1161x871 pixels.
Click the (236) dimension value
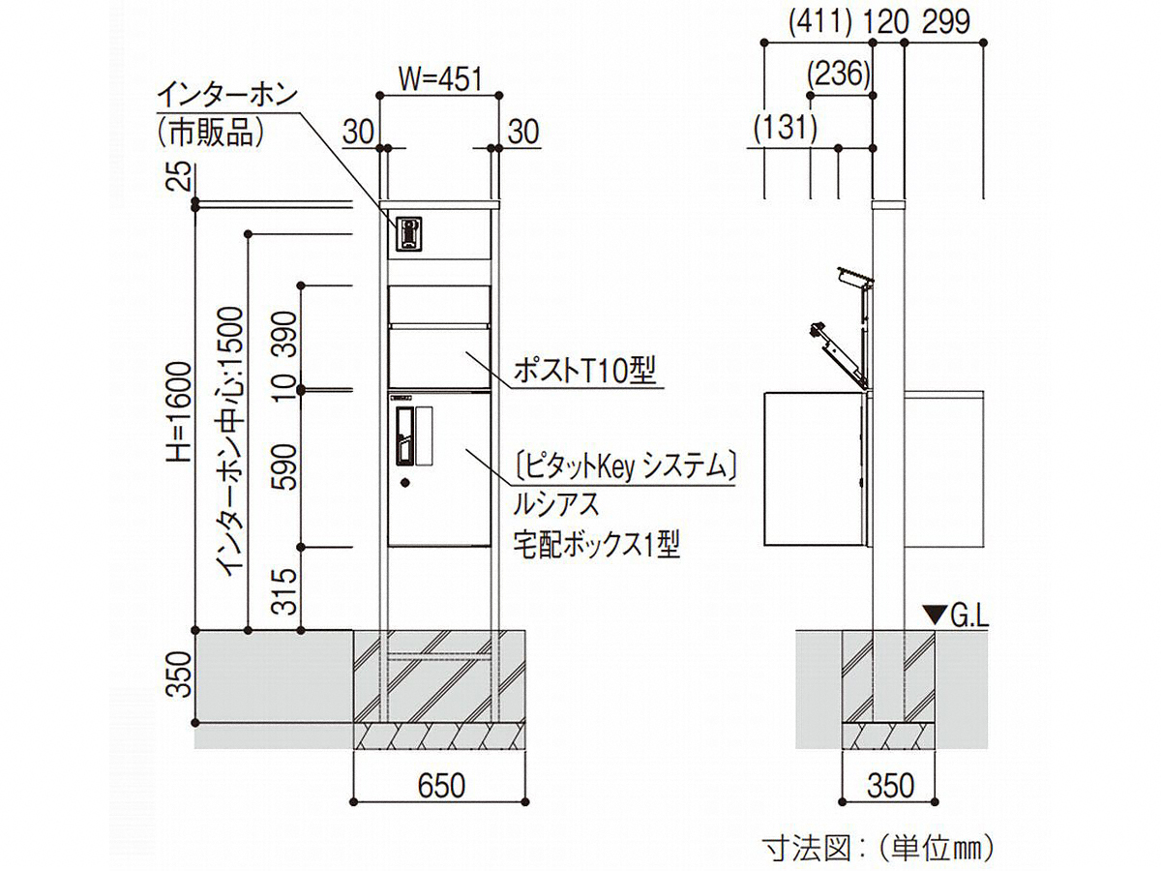(x=839, y=74)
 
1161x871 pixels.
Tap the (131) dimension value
(x=784, y=127)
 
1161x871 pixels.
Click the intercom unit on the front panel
(x=409, y=233)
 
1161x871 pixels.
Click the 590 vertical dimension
(x=284, y=468)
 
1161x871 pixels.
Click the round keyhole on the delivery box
(x=405, y=482)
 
